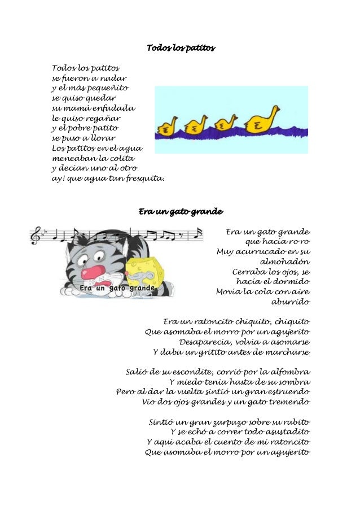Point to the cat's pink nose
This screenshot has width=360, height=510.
90,272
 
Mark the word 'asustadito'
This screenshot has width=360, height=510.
285,432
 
